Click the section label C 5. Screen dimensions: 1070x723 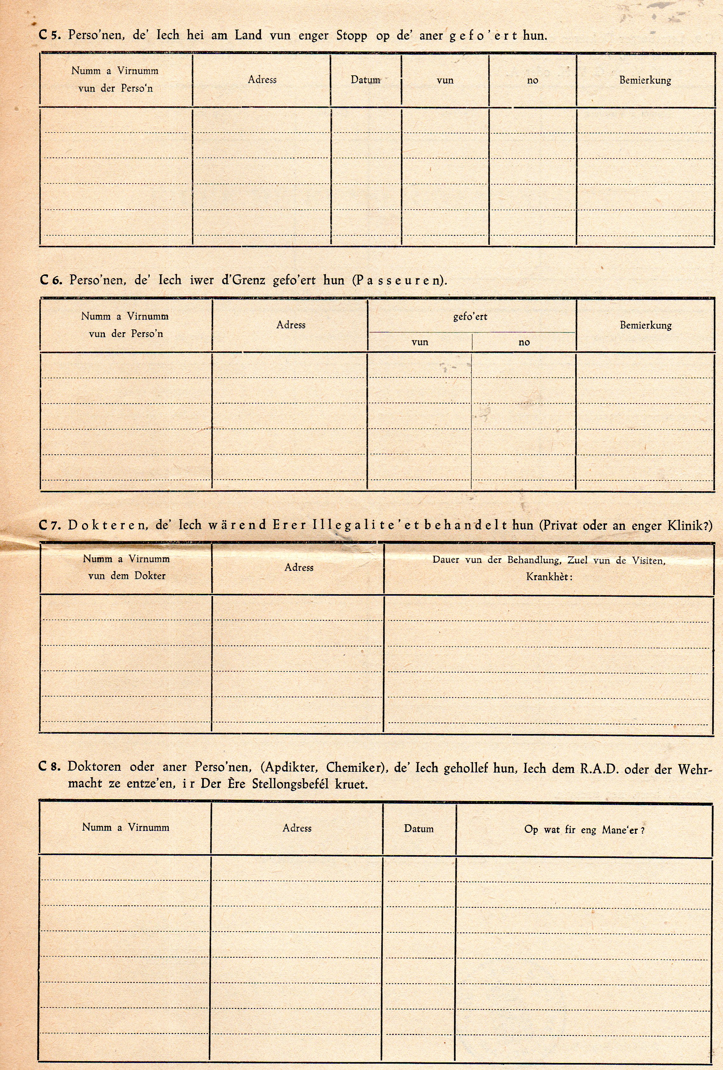coord(50,35)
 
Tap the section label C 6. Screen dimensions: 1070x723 coord(51,280)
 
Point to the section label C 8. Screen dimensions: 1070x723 coord(49,767)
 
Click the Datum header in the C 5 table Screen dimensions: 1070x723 coord(365,80)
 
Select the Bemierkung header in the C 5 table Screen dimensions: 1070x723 coord(645,80)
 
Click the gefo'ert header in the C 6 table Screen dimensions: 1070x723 coord(470,317)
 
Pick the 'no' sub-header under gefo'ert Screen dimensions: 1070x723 coord(524,342)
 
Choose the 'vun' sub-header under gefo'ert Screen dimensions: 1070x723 coord(419,342)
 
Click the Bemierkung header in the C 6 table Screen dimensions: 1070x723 coord(645,325)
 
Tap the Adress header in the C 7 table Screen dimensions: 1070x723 coord(299,567)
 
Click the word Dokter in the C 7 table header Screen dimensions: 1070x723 coord(150,575)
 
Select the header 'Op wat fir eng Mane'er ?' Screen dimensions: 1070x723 coord(584,829)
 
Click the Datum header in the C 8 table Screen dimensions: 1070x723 coord(419,829)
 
